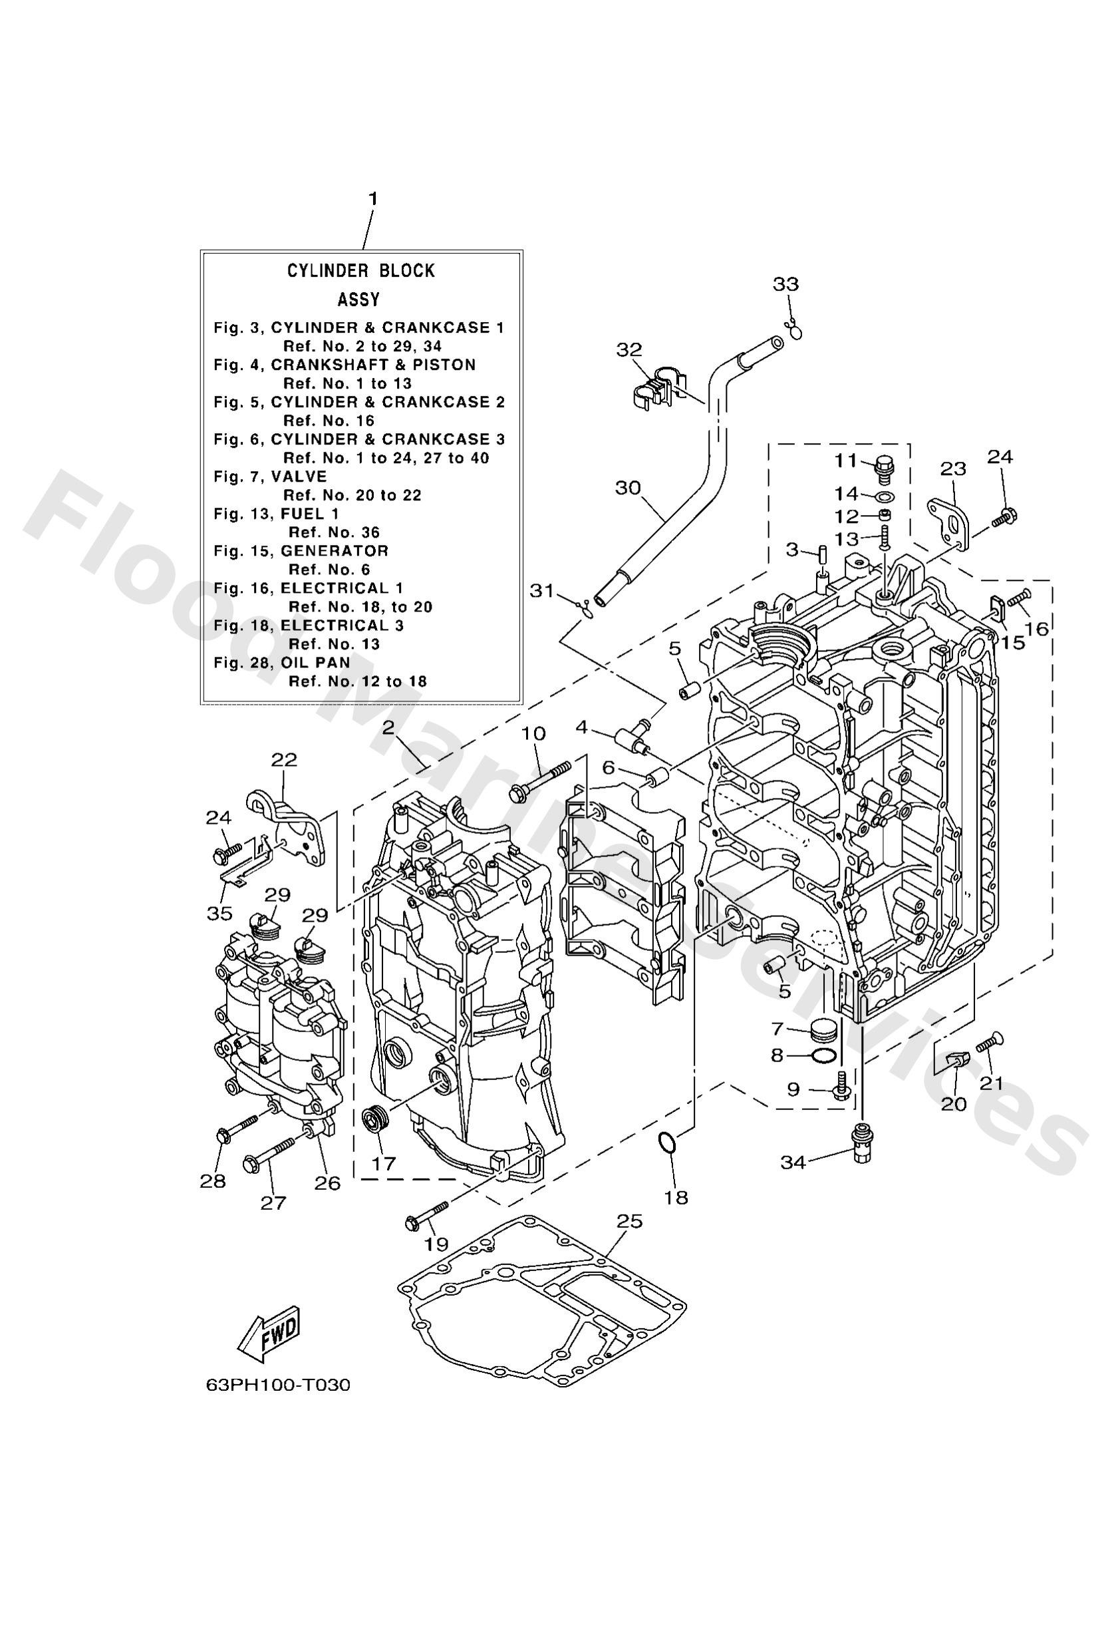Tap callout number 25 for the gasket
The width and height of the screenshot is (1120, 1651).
[629, 1221]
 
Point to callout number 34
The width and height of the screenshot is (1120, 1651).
[794, 1163]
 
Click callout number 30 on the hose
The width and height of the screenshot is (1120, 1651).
[629, 487]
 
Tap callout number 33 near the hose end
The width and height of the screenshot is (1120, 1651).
[785, 284]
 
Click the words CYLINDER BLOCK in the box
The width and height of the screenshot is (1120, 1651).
[360, 271]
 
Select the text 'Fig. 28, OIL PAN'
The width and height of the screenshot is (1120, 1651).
[282, 662]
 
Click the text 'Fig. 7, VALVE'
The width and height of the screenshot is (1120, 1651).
[270, 476]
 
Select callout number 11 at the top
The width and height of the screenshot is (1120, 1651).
[846, 460]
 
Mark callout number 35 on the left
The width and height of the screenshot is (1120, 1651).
[219, 913]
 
